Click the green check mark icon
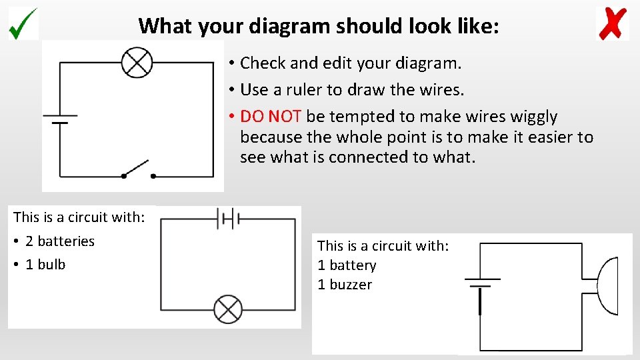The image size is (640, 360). point(23,23)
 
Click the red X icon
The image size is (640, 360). point(612,23)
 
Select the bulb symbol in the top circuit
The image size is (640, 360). point(137,63)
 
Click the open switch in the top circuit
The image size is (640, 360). point(138,169)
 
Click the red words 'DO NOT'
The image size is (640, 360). point(271,117)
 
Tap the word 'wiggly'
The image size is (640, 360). point(533,117)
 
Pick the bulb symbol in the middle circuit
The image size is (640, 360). point(228,309)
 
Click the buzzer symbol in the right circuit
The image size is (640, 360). point(608,288)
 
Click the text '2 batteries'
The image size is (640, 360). point(60,241)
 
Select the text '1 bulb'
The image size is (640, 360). point(45,265)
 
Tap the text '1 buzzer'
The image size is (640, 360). point(345,285)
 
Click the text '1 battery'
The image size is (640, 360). point(347,265)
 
